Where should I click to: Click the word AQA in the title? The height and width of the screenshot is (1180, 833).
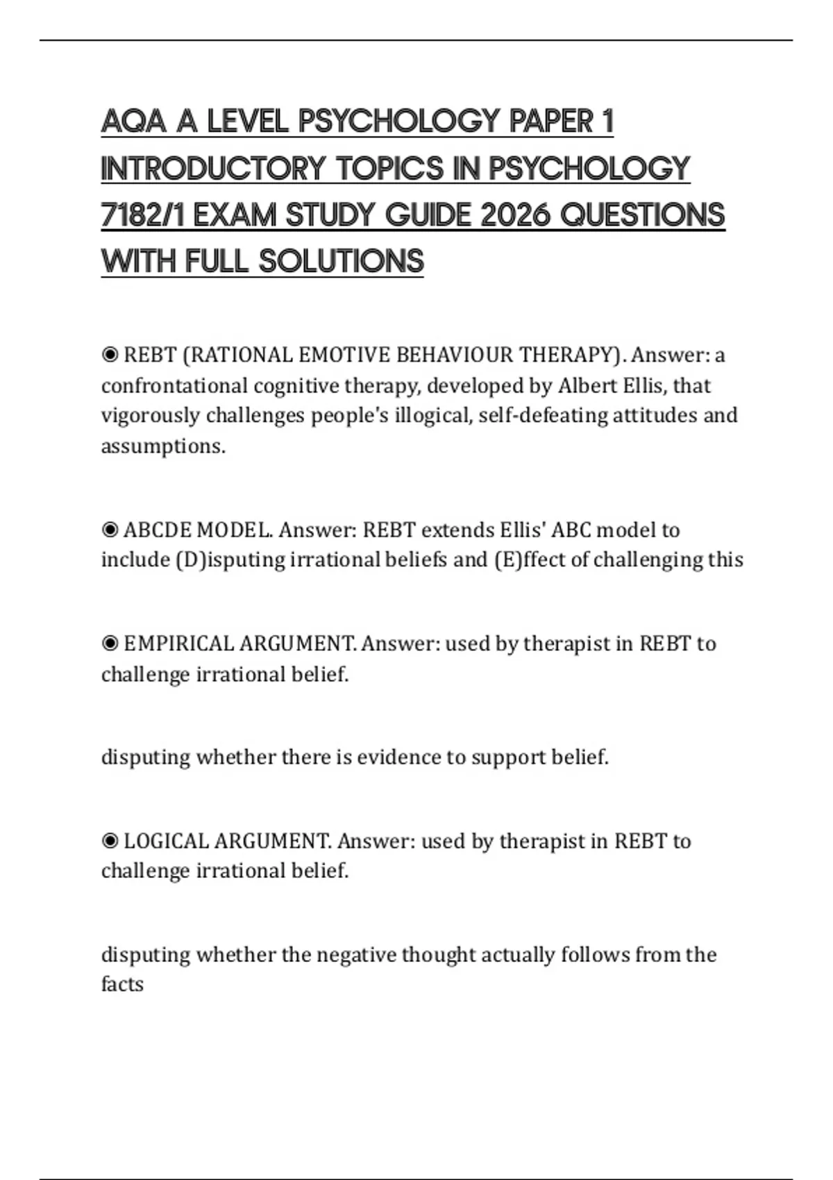click(x=134, y=122)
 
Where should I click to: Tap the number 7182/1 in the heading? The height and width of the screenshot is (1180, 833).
click(x=142, y=215)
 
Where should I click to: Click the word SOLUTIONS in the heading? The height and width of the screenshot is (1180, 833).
click(x=341, y=262)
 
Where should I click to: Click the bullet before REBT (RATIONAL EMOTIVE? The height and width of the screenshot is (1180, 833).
click(x=110, y=355)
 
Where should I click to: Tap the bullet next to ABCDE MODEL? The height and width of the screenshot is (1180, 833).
click(x=110, y=530)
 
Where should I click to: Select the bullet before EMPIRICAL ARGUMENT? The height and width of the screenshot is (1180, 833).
click(x=110, y=644)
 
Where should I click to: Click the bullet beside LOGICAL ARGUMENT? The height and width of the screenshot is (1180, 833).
click(x=110, y=841)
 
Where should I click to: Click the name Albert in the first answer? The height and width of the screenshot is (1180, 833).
click(x=588, y=385)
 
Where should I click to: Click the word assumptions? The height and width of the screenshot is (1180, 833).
click(x=163, y=446)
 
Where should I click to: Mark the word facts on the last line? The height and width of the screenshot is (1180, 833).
click(x=122, y=984)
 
